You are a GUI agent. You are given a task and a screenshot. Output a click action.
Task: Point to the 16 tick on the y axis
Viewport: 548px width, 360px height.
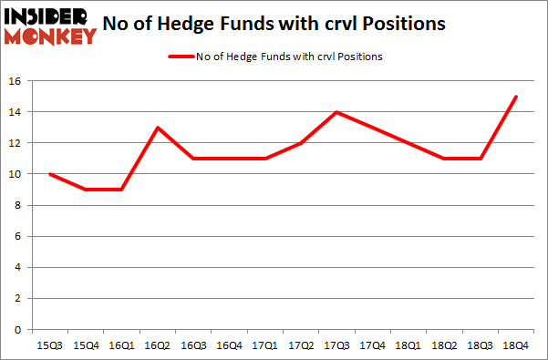[x=16, y=81]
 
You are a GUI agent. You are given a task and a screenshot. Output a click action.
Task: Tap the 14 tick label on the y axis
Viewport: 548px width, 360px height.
[x=16, y=112]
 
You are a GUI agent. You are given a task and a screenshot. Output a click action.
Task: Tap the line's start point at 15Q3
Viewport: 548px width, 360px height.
[x=50, y=174]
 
